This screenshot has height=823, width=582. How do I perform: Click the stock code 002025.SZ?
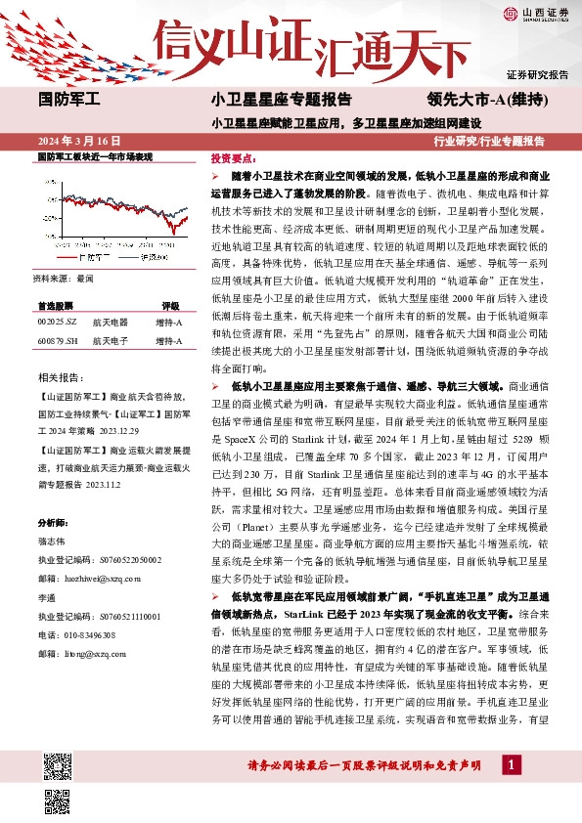[x=56, y=294]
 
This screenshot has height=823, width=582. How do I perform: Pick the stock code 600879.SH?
[x=57, y=314]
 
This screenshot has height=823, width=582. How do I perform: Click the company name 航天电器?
[x=111, y=294]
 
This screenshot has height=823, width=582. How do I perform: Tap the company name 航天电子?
[x=111, y=314]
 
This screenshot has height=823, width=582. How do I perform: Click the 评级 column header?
[x=170, y=278]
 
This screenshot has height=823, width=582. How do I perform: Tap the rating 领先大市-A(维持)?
[x=486, y=100]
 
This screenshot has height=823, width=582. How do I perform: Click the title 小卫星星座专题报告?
[x=281, y=100]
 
